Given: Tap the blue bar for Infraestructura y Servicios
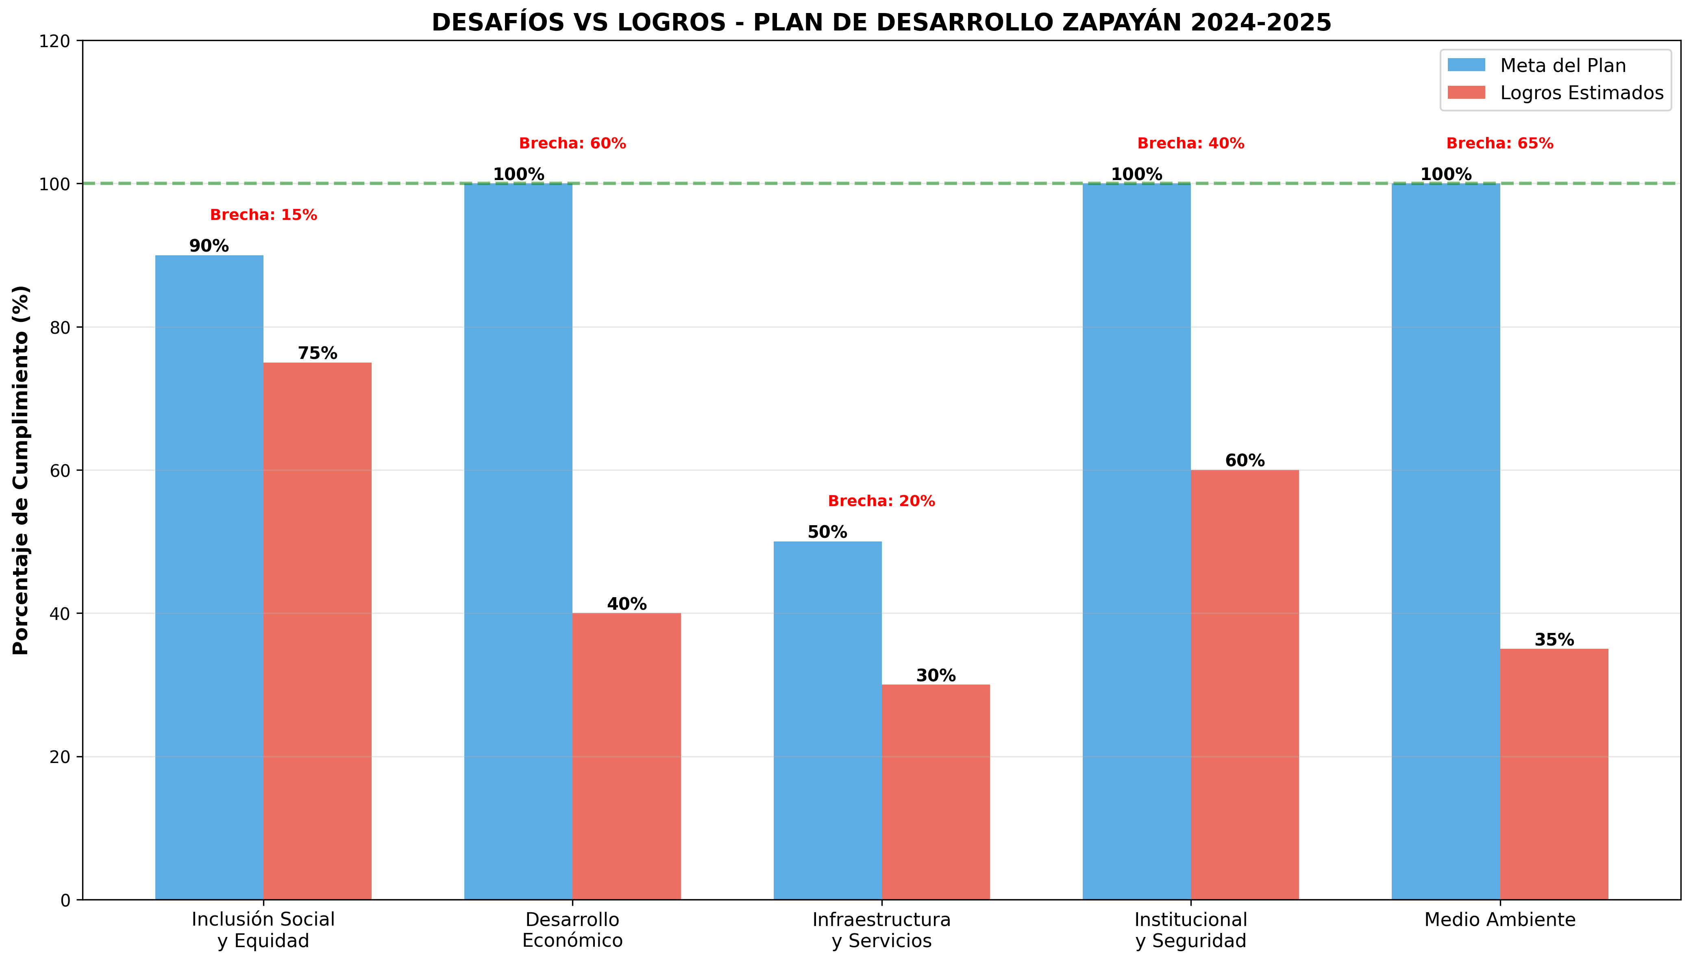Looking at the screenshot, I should coord(827,720).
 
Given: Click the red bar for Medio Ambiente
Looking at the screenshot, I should coord(1554,774).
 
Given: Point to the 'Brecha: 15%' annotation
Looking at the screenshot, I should coord(263,215).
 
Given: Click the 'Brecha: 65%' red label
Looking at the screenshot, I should coord(1500,143).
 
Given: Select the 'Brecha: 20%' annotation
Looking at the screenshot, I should coord(881,501).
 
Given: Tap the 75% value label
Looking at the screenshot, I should coord(318,353).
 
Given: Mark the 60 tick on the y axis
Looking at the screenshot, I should coord(59,470).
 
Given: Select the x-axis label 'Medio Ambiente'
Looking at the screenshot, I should coord(1500,920).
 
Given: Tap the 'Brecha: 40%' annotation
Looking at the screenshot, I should coord(1190,143).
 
